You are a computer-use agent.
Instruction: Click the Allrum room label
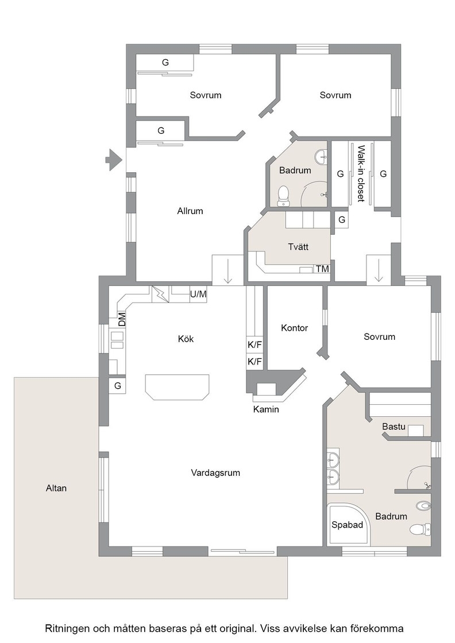coord(190,211)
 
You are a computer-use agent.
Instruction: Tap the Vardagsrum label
coord(215,473)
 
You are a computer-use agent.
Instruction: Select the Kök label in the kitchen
coord(186,339)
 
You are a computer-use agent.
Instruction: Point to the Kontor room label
coord(295,328)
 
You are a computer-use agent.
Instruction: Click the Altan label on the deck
coord(56,489)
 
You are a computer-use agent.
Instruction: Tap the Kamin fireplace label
coord(266,409)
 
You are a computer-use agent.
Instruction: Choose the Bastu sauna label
coord(394,427)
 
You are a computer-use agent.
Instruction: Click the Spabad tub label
coord(347,525)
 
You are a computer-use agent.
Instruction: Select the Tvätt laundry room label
coord(298,247)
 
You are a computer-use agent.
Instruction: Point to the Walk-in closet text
coord(361,173)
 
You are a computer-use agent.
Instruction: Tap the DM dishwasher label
coord(122,319)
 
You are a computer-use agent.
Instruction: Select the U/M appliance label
coord(198,294)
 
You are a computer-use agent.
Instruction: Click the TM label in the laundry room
coord(322,269)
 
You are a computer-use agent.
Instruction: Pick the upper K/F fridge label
coord(255,345)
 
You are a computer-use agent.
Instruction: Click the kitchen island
coord(178,387)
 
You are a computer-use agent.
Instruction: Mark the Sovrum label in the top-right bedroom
coord(336,95)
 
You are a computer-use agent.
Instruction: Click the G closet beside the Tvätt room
coord(342,220)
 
